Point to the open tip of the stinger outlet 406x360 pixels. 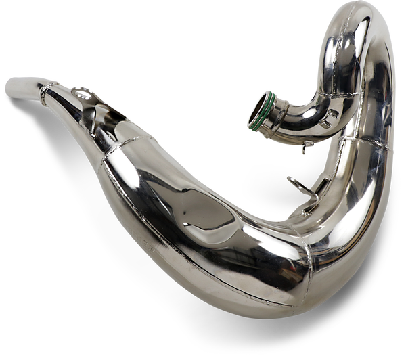pos(9,87)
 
